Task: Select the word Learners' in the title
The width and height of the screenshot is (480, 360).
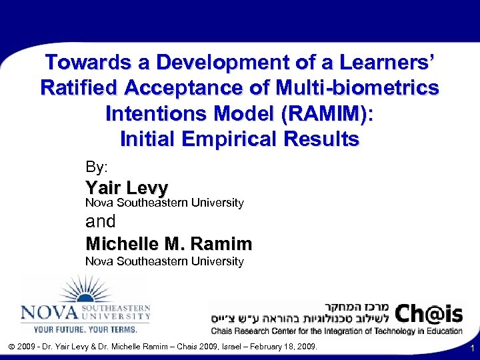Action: click(393, 63)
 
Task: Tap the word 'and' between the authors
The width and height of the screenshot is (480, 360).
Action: click(101, 221)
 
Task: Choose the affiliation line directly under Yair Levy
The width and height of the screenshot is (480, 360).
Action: click(164, 202)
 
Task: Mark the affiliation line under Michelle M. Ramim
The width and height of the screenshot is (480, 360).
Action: click(164, 261)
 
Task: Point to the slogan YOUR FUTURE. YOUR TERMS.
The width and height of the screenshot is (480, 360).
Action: click(85, 329)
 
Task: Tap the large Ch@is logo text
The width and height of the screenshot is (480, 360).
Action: click(427, 311)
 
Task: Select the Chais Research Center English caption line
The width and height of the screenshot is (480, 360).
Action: click(337, 330)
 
